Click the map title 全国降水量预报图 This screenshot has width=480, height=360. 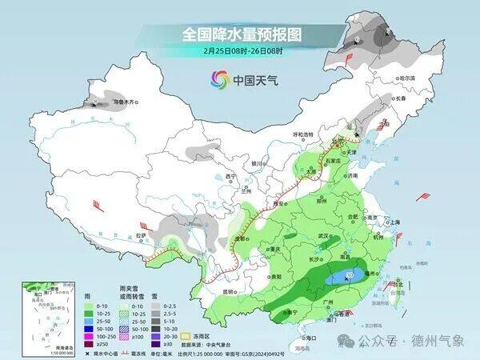[240, 34]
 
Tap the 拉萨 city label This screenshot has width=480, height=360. [141, 235]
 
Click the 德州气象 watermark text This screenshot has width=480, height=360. [436, 341]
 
